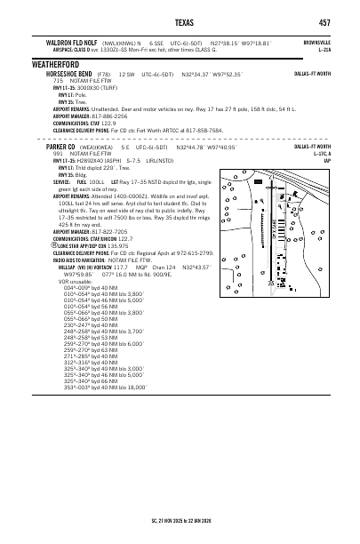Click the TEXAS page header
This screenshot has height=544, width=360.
click(184, 22)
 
